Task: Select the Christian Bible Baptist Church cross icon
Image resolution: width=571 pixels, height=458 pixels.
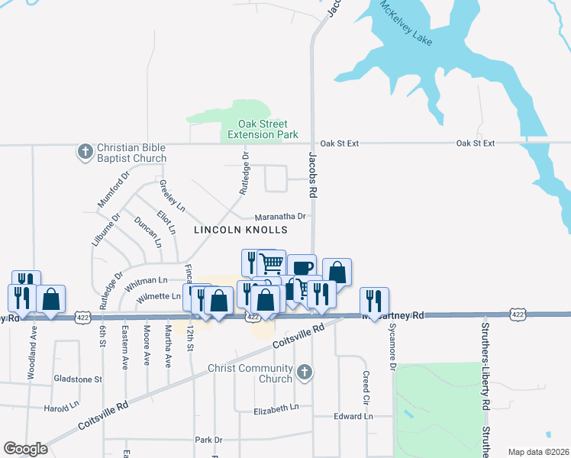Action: click(85, 151)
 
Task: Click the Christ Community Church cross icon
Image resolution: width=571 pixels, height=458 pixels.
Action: click(304, 372)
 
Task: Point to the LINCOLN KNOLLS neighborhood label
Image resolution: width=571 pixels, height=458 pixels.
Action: click(240, 229)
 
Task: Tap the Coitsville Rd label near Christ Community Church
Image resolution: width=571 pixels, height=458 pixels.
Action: click(298, 338)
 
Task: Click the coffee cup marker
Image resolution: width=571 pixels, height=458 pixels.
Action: click(302, 267)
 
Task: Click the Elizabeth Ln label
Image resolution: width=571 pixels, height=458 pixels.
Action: click(276, 410)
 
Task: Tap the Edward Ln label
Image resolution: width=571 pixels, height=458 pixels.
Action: click(353, 417)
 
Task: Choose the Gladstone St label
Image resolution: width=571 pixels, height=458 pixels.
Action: click(77, 379)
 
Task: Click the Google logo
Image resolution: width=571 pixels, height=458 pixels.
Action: click(25, 449)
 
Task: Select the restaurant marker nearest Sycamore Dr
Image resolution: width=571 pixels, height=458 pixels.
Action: click(375, 299)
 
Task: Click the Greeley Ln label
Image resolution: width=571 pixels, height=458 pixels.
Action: click(171, 195)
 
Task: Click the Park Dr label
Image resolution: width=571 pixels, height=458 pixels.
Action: click(208, 440)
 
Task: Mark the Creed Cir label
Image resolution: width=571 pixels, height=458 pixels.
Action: click(366, 387)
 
